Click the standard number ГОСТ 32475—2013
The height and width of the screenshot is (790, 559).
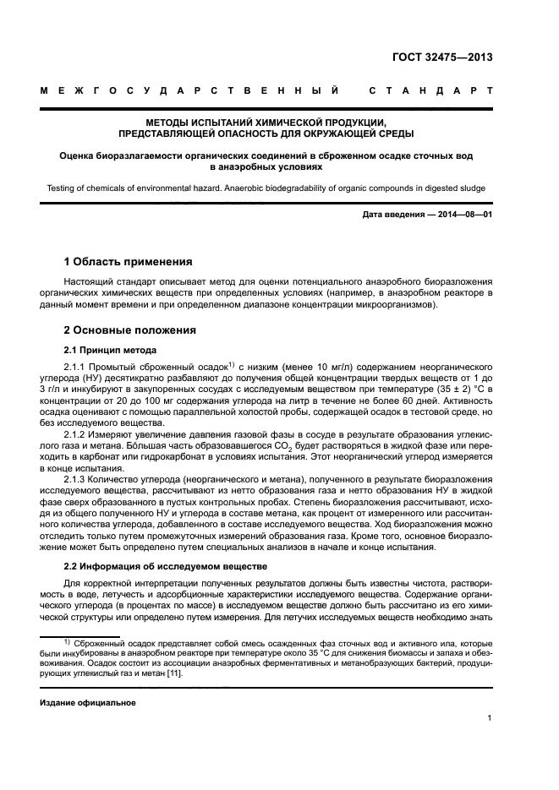[x=442, y=58]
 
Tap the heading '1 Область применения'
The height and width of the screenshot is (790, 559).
[x=129, y=261]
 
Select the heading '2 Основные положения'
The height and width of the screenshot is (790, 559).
[x=130, y=330]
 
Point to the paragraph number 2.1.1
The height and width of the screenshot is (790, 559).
[x=76, y=366]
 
